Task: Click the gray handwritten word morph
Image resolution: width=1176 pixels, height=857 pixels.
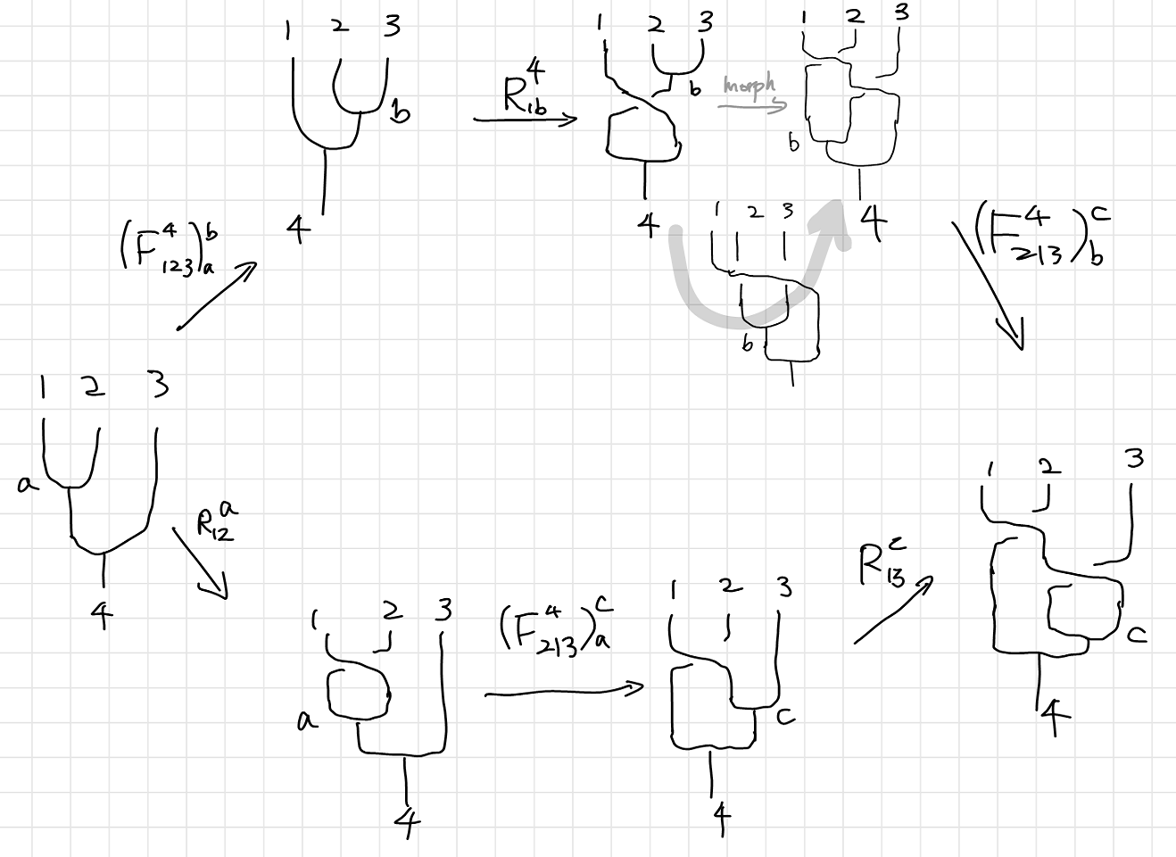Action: click(749, 87)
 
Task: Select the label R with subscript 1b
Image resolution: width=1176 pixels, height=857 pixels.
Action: click(526, 93)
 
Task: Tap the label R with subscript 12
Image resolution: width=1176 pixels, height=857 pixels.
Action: click(217, 521)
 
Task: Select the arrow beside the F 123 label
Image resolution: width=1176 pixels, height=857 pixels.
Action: click(216, 297)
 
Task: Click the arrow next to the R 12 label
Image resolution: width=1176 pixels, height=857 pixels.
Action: click(202, 563)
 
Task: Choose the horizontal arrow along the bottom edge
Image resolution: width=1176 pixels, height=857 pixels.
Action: click(564, 691)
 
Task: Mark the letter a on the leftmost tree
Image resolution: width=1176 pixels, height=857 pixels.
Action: click(27, 485)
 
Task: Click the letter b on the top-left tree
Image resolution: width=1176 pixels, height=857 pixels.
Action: click(401, 113)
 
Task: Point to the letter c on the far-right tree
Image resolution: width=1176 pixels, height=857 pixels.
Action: click(1136, 634)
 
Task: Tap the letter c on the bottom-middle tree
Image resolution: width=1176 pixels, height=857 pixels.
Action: click(784, 715)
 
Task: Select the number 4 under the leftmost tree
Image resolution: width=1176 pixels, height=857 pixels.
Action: click(102, 614)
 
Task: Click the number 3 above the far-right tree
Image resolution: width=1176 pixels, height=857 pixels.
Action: click(1134, 459)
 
